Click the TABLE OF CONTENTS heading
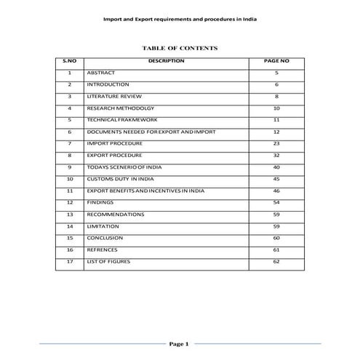[x=180, y=48]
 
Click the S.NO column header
[x=69, y=62]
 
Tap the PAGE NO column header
[x=276, y=62]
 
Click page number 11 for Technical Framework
[x=276, y=120]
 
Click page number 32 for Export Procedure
[x=276, y=156]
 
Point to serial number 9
[x=69, y=167]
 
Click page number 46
[x=276, y=191]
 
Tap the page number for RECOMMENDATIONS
[x=276, y=215]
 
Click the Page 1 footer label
[x=179, y=343]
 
